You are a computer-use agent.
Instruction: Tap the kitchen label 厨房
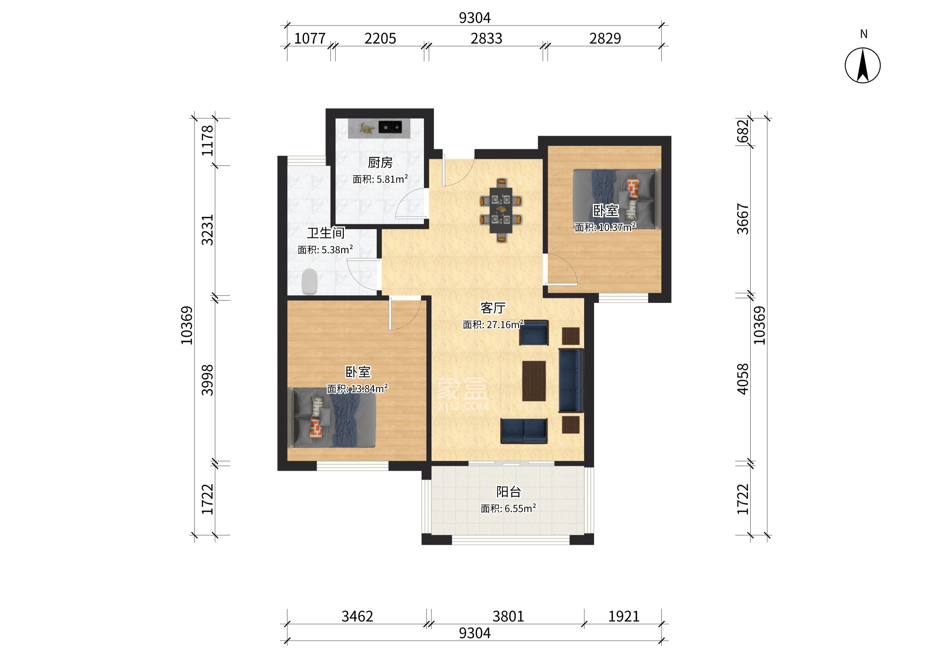pos(380,163)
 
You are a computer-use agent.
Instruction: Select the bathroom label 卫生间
pos(325,233)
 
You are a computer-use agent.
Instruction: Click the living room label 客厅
pos(493,308)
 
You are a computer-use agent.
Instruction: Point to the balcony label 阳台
pos(509,492)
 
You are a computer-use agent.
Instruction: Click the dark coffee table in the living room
pos(534,381)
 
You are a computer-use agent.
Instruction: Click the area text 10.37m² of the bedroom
pos(617,227)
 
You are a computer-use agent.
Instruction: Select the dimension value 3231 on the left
pos(207,230)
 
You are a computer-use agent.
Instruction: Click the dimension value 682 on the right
pos(743,131)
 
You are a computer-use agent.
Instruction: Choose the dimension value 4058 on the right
pos(743,379)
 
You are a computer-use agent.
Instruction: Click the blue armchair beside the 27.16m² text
pos(534,332)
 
